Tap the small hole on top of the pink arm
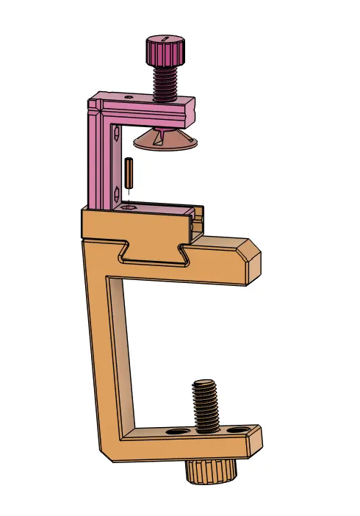129,96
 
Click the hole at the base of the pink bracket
130,208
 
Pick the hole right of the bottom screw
237,429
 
